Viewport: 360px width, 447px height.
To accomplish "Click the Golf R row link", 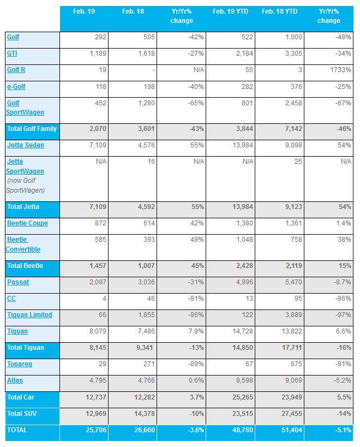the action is pos(16,70).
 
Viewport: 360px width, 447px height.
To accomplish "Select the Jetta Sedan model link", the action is pos(26,145).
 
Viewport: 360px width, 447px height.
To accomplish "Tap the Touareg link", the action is pos(20,364).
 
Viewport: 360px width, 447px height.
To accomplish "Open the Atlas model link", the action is pos(15,380).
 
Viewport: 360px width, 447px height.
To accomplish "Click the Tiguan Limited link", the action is pos(29,315).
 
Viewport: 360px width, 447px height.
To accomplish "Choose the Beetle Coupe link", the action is pos(27,223).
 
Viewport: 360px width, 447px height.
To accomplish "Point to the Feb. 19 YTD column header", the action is pos(230,11).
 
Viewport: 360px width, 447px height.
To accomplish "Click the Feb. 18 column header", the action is pos(133,11).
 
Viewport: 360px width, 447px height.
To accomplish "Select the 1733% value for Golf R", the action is pos(340,70).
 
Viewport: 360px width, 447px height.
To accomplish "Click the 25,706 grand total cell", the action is pos(96,430).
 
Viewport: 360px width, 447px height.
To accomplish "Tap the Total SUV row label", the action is pos(22,414).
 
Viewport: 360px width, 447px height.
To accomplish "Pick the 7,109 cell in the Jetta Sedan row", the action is pos(98,145).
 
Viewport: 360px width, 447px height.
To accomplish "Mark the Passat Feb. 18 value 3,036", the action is pos(146,282).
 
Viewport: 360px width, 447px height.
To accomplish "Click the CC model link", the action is pos(11,299).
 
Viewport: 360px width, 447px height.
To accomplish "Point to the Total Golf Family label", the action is pos(32,129).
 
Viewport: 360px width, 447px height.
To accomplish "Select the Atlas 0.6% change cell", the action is pos(196,380).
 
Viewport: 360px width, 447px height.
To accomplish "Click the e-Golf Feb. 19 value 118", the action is pos(101,87).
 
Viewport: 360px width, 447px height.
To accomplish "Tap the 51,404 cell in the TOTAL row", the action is pos(292,430).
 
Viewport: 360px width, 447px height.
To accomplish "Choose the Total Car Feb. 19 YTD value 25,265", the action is pos(243,397).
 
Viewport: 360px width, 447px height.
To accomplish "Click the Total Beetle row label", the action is pos(25,266).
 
